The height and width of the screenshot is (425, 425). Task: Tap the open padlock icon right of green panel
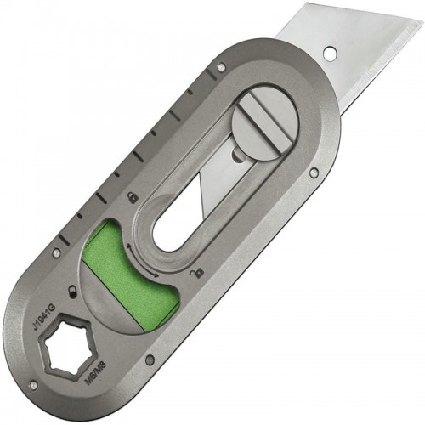[x=197, y=274]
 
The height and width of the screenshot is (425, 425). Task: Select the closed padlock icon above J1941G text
[x=74, y=291]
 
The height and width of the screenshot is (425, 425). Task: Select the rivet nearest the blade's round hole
[x=222, y=65]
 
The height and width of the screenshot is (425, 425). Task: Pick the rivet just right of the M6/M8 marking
[x=150, y=360]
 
